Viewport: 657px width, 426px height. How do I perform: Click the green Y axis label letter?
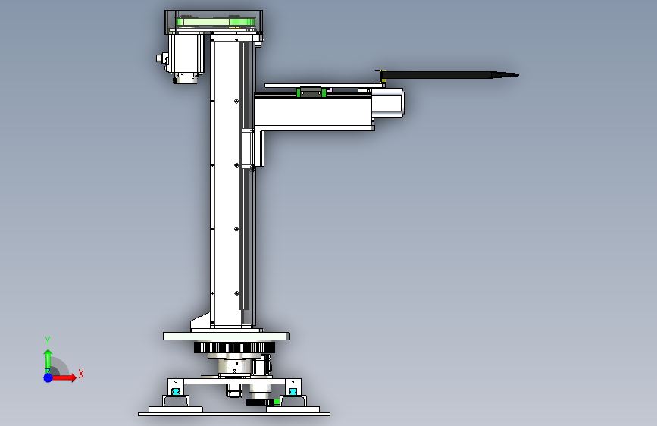tap(48, 340)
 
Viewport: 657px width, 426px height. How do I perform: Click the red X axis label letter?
tap(81, 374)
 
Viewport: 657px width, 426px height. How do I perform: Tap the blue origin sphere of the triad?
tap(48, 377)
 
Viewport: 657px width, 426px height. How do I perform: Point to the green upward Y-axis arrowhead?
tap(48, 354)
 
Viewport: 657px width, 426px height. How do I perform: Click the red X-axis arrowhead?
tap(73, 377)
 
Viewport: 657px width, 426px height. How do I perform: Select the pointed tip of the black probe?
tap(518, 75)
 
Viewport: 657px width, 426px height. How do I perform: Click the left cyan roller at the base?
tap(176, 392)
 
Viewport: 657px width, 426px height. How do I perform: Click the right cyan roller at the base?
tap(293, 392)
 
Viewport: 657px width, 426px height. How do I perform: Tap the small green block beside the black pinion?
tap(277, 402)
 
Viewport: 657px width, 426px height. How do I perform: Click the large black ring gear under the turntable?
tap(235, 348)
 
